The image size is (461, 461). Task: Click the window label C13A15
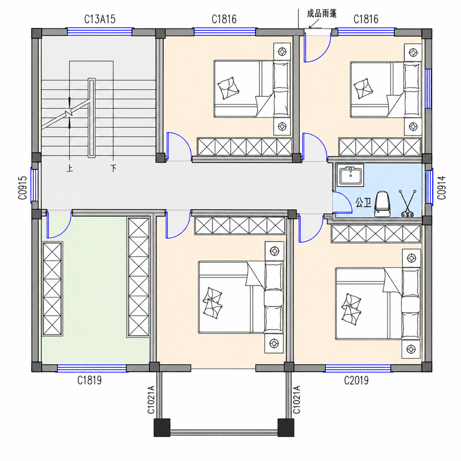coord(100,19)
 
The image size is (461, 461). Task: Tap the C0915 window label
coord(23,188)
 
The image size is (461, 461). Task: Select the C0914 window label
coord(442,187)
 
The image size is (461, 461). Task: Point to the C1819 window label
coord(89,380)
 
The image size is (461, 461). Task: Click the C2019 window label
coord(356,380)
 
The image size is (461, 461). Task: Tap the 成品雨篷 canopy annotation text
coord(322,13)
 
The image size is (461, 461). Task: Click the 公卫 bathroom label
coord(363,203)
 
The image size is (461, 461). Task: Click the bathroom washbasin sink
coord(350,175)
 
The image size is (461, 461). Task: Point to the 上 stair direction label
coord(69,169)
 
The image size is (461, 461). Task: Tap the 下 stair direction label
coord(113,168)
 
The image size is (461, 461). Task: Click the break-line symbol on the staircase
coord(69,113)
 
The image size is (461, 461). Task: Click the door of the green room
coord(59,225)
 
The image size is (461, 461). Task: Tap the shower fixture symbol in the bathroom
coord(407,204)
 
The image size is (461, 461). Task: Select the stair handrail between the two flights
coord(92,118)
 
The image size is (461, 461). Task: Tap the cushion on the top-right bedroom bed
coord(363,88)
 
